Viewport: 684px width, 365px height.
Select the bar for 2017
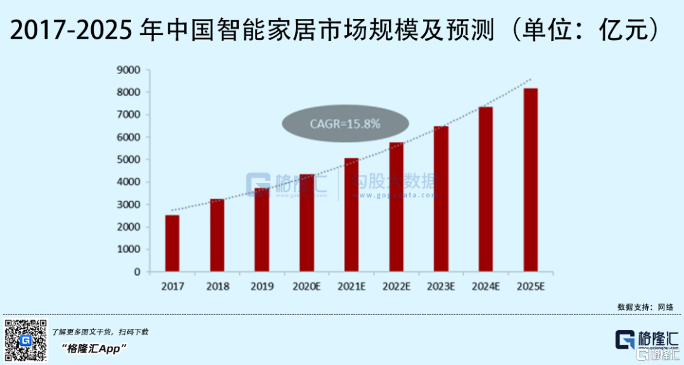point(172,243)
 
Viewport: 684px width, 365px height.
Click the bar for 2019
point(262,229)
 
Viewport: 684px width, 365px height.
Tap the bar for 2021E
point(351,215)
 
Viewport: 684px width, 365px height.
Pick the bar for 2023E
point(441,199)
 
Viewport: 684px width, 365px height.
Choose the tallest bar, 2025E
point(530,180)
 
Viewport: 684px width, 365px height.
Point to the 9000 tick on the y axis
point(129,70)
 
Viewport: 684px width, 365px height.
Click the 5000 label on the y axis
point(129,160)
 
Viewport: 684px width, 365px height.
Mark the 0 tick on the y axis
point(137,272)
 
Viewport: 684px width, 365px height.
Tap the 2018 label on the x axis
point(217,286)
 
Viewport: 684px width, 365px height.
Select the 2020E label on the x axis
point(307,286)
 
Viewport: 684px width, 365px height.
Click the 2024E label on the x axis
point(486,286)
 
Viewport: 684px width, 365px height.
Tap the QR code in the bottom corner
point(25,340)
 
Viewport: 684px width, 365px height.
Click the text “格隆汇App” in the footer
point(95,349)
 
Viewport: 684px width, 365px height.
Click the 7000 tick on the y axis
point(129,115)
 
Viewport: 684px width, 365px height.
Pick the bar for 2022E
point(396,207)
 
